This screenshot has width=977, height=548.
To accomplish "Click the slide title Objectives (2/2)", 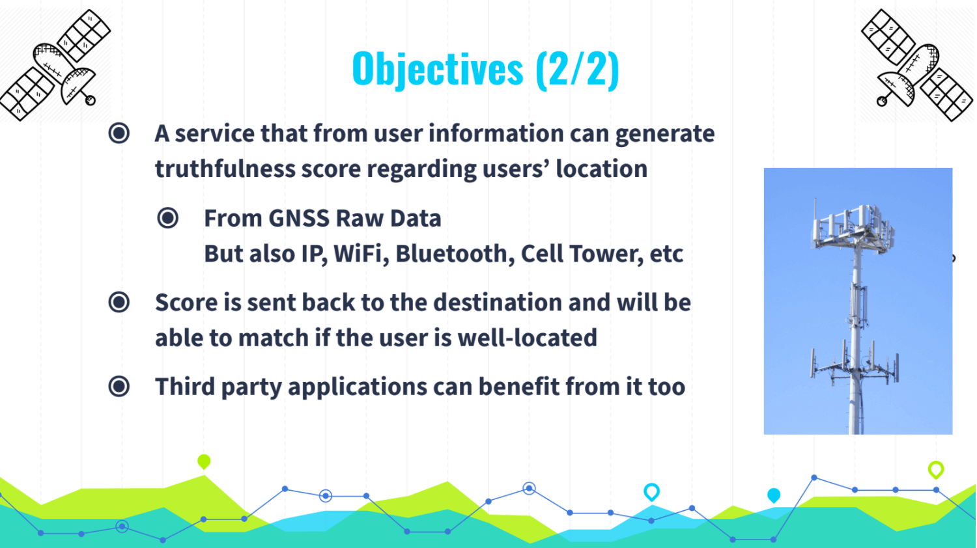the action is (x=485, y=69).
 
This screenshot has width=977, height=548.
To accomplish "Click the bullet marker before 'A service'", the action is (x=119, y=133).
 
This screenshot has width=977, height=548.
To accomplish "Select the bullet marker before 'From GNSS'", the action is (x=168, y=218).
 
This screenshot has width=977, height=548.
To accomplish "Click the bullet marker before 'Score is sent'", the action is (x=119, y=302).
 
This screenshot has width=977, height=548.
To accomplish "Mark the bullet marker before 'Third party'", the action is (x=119, y=387).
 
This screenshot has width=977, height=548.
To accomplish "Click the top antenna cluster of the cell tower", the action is (x=853, y=226).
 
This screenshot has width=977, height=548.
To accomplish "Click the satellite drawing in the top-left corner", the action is (x=55, y=64).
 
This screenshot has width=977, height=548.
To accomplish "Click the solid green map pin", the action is (x=204, y=461).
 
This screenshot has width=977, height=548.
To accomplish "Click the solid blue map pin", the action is (x=774, y=496).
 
